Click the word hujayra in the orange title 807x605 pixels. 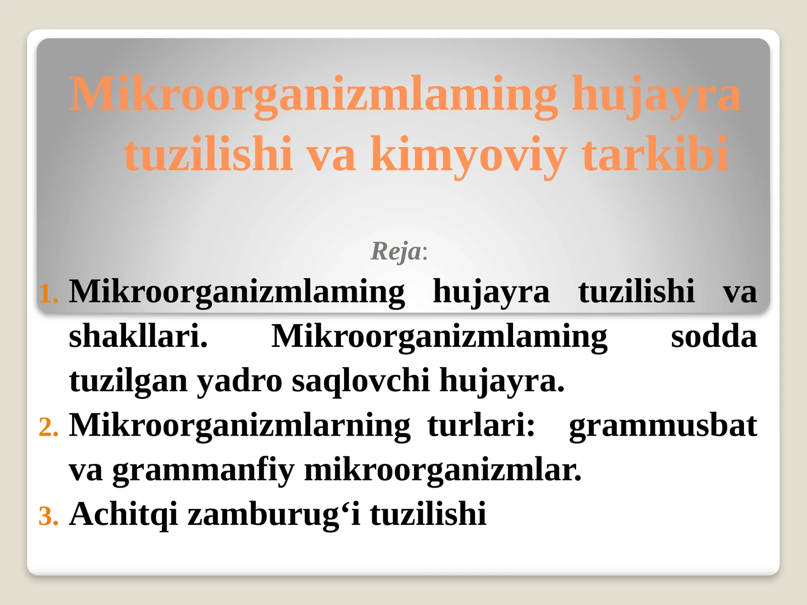(x=656, y=95)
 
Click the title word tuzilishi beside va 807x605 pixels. (x=208, y=154)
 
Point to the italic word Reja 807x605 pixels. (x=396, y=251)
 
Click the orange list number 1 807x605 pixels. (x=48, y=293)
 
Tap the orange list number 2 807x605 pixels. (x=48, y=428)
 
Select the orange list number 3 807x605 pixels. (x=48, y=516)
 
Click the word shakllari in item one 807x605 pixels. (x=138, y=336)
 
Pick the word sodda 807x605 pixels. (x=713, y=336)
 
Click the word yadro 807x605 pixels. (x=239, y=381)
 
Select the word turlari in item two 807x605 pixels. (x=481, y=425)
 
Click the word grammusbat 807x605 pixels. (x=662, y=425)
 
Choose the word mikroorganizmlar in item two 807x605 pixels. (x=442, y=470)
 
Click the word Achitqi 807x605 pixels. (x=124, y=514)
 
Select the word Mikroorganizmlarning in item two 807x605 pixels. (x=240, y=425)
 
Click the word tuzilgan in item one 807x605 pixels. (x=128, y=381)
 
